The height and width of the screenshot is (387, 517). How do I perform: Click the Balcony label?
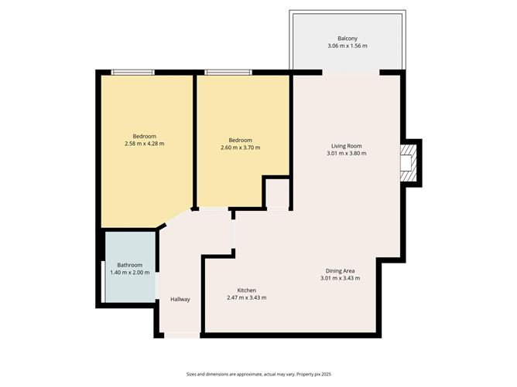click(x=347, y=39)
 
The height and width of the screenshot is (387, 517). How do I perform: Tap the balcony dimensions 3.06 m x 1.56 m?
click(x=347, y=46)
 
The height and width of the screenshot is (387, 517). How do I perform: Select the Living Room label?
click(x=347, y=145)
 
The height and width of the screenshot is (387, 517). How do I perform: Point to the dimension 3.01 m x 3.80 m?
click(x=347, y=153)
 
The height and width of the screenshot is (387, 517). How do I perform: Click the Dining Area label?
click(x=340, y=270)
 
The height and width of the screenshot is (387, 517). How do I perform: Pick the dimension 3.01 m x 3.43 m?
click(x=340, y=278)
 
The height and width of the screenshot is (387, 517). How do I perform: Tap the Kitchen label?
click(x=246, y=290)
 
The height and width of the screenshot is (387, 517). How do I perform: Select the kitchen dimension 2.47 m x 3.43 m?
click(x=246, y=298)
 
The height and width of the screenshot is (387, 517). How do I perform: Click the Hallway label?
click(x=180, y=300)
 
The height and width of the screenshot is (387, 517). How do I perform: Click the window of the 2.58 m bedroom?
click(x=133, y=73)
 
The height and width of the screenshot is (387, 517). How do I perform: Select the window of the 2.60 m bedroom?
click(x=228, y=73)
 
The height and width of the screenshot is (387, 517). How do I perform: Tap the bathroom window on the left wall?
click(x=104, y=282)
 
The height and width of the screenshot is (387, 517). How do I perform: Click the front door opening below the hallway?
click(x=180, y=335)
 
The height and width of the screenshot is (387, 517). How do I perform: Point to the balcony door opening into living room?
click(x=351, y=72)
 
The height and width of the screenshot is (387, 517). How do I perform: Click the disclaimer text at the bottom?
click(x=258, y=373)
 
